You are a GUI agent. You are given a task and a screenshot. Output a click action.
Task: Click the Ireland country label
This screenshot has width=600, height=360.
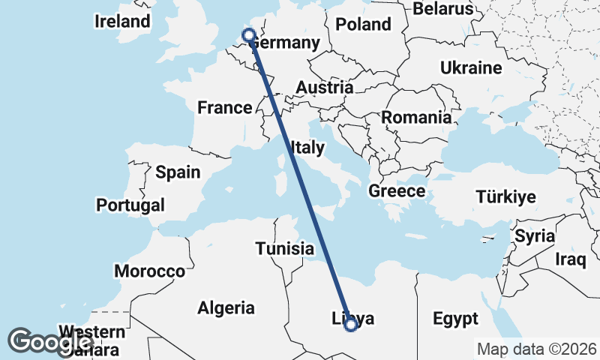coord(122,21)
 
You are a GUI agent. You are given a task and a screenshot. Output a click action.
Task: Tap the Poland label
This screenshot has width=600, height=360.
coord(363,24)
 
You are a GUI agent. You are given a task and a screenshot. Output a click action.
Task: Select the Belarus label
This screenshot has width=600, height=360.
coord(445,8)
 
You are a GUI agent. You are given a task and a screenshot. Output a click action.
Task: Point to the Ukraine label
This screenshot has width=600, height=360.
coord(471,68)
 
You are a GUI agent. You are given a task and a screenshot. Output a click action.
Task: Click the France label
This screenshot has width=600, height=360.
coord(224,108)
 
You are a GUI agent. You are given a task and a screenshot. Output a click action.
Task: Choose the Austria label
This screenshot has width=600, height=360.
coord(324,88)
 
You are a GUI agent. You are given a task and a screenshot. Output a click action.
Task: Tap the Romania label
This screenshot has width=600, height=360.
coord(416,118)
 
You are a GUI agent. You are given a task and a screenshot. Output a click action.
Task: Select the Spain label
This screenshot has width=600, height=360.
coord(178,172)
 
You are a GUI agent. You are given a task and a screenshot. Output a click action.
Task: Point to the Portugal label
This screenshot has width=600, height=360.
coord(130,205)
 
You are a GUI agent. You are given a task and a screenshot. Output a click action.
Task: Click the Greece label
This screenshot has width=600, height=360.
coord(397,191)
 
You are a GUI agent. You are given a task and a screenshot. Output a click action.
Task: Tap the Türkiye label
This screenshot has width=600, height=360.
coord(505,197)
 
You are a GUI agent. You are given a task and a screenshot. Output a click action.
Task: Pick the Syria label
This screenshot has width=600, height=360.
coord(534,236)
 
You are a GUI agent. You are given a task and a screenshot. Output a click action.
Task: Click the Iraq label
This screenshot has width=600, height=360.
coord(570,260)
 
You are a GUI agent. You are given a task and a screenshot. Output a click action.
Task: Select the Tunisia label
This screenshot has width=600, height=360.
coord(284,248)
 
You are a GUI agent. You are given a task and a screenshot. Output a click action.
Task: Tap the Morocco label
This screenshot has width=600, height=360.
coord(149,271)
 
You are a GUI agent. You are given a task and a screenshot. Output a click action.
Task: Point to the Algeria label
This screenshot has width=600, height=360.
coord(226,307)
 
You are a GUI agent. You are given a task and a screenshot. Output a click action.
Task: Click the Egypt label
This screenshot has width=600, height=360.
coord(455,319)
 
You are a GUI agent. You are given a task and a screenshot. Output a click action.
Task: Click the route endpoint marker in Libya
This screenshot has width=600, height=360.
coord(350,324)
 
